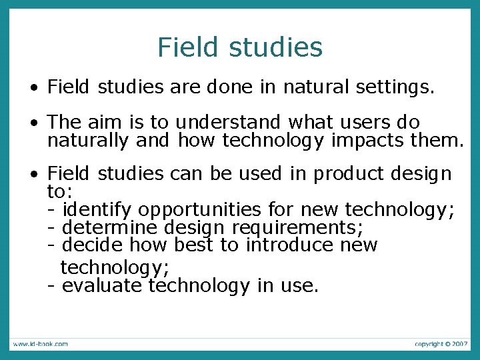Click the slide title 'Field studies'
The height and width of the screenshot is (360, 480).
[240, 47]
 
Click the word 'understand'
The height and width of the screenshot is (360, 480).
[229, 123]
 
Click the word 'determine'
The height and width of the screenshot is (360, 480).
[109, 228]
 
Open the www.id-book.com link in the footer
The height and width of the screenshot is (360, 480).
[39, 344]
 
